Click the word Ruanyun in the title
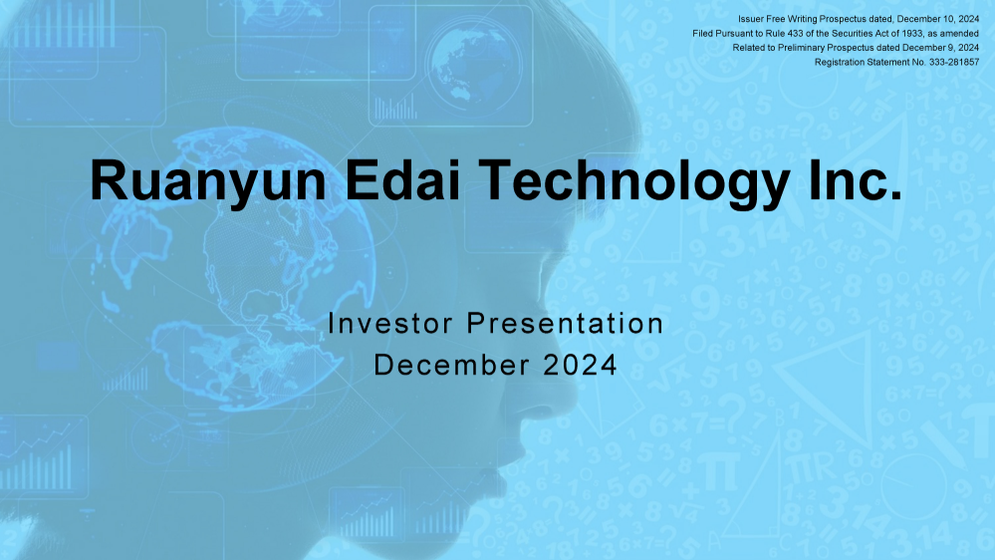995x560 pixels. (x=208, y=182)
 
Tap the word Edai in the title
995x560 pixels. (x=402, y=180)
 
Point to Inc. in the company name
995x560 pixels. (x=856, y=180)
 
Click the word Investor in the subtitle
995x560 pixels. (x=390, y=323)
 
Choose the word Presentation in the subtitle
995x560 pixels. (x=565, y=323)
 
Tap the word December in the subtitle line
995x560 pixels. (x=451, y=365)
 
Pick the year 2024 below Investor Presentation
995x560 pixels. (x=580, y=365)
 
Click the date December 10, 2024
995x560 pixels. (x=938, y=19)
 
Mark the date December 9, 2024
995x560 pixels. (x=940, y=48)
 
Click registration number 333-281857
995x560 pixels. (x=954, y=62)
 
